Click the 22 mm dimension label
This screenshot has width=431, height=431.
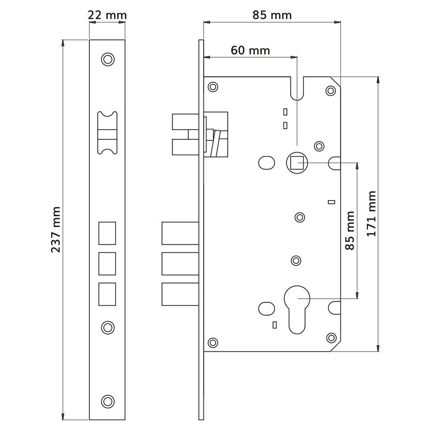(x=107, y=15)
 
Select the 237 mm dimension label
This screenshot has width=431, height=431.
(x=56, y=230)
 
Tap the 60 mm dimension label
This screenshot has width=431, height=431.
(x=250, y=50)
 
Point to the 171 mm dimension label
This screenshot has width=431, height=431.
(x=372, y=214)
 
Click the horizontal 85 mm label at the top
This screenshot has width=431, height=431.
(x=272, y=15)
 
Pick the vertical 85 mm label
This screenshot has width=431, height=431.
(x=350, y=231)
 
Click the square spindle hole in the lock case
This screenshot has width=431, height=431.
(x=297, y=163)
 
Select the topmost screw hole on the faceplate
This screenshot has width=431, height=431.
(x=108, y=59)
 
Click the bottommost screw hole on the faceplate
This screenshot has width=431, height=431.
(x=108, y=402)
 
